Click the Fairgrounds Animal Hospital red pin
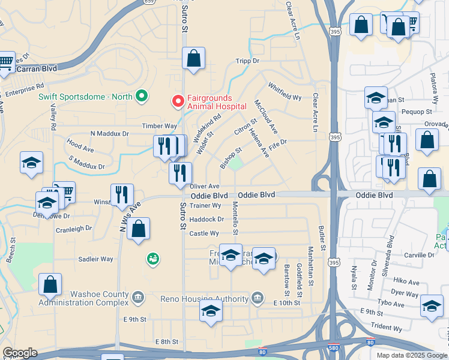click(x=178, y=101)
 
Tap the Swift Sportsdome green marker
click(x=142, y=95)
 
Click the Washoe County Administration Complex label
click(x=83, y=298)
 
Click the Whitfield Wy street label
click(x=285, y=91)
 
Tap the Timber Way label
click(x=159, y=126)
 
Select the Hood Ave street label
click(x=80, y=145)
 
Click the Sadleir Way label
click(x=96, y=259)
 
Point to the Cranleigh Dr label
click(x=74, y=229)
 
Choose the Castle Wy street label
click(x=204, y=233)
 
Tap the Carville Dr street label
click(x=419, y=255)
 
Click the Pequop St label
click(x=417, y=112)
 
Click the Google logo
click(x=20, y=353)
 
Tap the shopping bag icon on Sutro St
click(x=193, y=59)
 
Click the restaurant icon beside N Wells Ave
click(x=121, y=195)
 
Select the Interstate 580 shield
click(x=333, y=348)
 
